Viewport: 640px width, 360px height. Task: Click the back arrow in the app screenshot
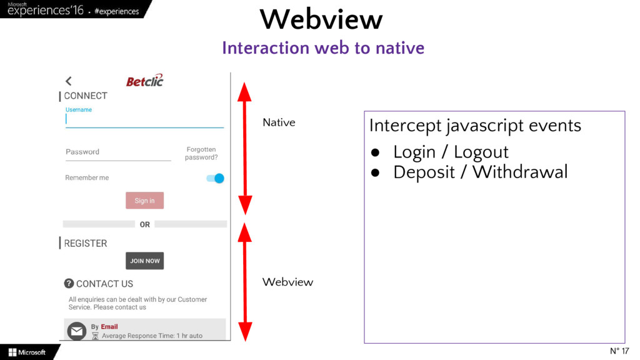pyautogui.click(x=68, y=81)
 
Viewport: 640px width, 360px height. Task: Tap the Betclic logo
pyautogui.click(x=144, y=81)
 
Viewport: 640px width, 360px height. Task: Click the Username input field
pyautogui.click(x=144, y=119)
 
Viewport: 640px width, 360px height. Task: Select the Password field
pyautogui.click(x=118, y=152)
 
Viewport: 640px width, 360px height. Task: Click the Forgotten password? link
pyautogui.click(x=201, y=154)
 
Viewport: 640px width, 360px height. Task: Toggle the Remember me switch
pyautogui.click(x=215, y=178)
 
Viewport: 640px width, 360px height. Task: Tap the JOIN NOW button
pyautogui.click(x=144, y=261)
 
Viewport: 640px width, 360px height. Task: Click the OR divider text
pyautogui.click(x=144, y=224)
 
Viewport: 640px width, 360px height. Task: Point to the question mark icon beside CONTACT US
pyautogui.click(x=69, y=283)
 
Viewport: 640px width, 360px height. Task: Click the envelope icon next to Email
pyautogui.click(x=76, y=331)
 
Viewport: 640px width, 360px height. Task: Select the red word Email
pyautogui.click(x=109, y=327)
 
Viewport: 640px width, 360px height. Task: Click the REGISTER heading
pyautogui.click(x=86, y=243)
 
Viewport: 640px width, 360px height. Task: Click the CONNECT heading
pyautogui.click(x=86, y=96)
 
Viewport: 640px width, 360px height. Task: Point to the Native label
pyautogui.click(x=279, y=122)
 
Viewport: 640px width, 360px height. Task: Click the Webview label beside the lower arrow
pyautogui.click(x=287, y=282)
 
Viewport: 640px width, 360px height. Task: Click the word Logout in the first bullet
pyautogui.click(x=481, y=152)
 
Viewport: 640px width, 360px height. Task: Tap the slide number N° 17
pyautogui.click(x=619, y=351)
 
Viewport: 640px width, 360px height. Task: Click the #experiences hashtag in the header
pyautogui.click(x=117, y=12)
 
